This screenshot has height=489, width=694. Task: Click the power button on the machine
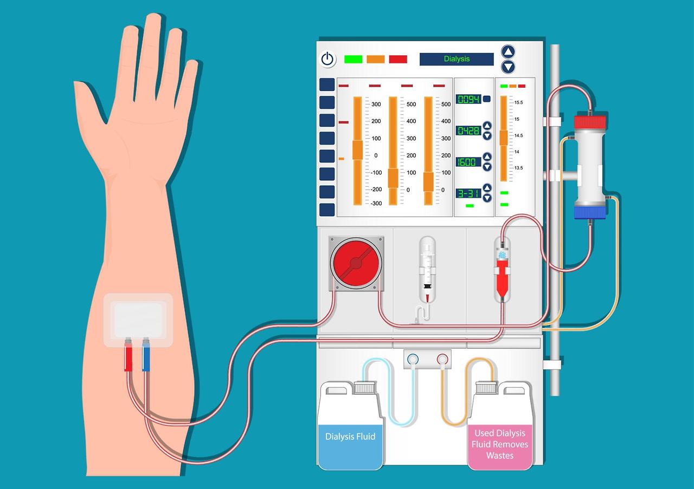pos(327,59)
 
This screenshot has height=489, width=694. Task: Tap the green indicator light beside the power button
pos(353,59)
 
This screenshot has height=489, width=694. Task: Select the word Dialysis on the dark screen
pos(457,59)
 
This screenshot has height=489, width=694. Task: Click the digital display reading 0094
pos(468,99)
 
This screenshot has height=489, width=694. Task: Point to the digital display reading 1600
pos(468,162)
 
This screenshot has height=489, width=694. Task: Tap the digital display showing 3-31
pos(468,193)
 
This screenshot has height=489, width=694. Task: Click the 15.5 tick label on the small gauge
pos(519,102)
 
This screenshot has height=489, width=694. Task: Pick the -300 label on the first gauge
pos(376,203)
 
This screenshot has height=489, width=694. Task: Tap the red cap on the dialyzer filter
pos(590,122)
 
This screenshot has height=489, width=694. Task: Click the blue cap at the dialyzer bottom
pos(590,212)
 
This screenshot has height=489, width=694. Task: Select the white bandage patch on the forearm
pos(138,320)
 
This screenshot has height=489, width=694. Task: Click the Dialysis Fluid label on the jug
pos(350,436)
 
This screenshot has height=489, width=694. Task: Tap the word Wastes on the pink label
pos(500,455)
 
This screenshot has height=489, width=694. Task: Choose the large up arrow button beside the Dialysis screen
pos(508,51)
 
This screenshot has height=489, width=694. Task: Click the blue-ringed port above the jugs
pos(413,360)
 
